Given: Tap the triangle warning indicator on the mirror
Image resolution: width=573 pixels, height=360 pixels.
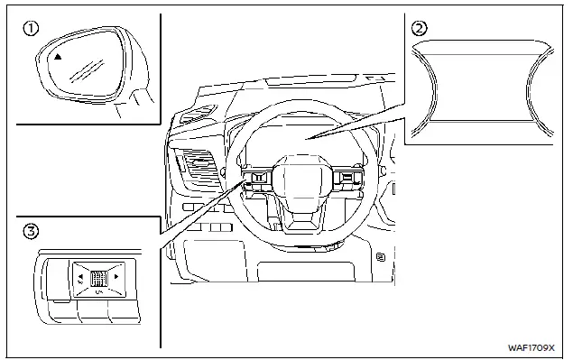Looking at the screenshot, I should point(59,56).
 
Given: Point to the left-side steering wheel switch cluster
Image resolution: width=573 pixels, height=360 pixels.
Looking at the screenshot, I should point(255,179).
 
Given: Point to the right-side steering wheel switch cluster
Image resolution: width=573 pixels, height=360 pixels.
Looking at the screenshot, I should point(347,180).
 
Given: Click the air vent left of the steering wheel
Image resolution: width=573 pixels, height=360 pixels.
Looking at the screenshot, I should point(194,170).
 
